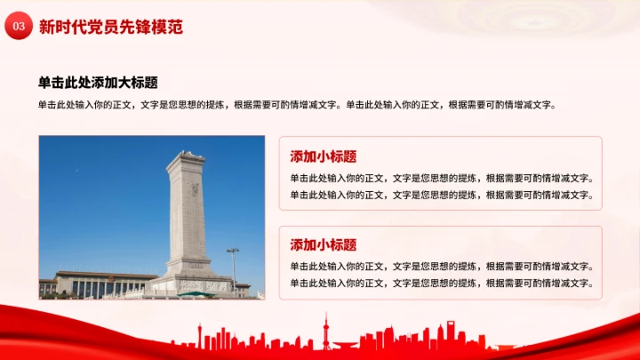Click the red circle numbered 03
[18, 28]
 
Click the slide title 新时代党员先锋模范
[111, 28]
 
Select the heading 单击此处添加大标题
[98, 83]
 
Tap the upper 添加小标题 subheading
[324, 156]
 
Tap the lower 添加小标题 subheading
[324, 244]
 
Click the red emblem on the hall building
[111, 277]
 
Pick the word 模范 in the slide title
[168, 28]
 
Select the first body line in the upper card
[442, 178]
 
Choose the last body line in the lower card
[442, 283]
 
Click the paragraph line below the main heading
[298, 104]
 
